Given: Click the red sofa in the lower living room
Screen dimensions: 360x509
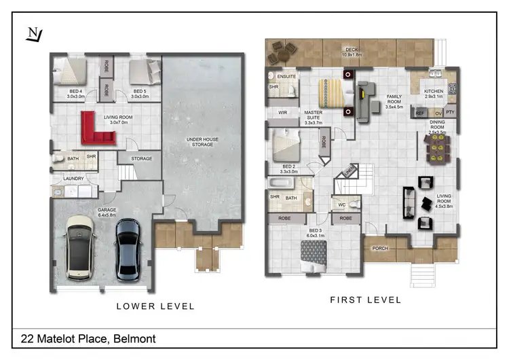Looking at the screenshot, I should (x=95, y=129).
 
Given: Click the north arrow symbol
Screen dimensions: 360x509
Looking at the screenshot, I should (x=32, y=33).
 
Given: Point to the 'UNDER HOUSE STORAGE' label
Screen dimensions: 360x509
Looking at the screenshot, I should (x=202, y=142).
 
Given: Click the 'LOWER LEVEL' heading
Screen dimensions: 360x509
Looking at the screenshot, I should (x=155, y=306).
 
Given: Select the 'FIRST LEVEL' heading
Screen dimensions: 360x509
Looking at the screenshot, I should (x=365, y=300).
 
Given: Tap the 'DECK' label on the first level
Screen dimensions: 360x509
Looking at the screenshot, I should (x=351, y=49).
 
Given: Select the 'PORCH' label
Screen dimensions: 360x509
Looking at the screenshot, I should (x=380, y=248).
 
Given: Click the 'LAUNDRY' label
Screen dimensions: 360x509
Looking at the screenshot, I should (x=73, y=179).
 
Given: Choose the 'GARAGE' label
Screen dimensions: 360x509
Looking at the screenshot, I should (x=107, y=210).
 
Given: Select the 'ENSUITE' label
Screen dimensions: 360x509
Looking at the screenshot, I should (x=287, y=77).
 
